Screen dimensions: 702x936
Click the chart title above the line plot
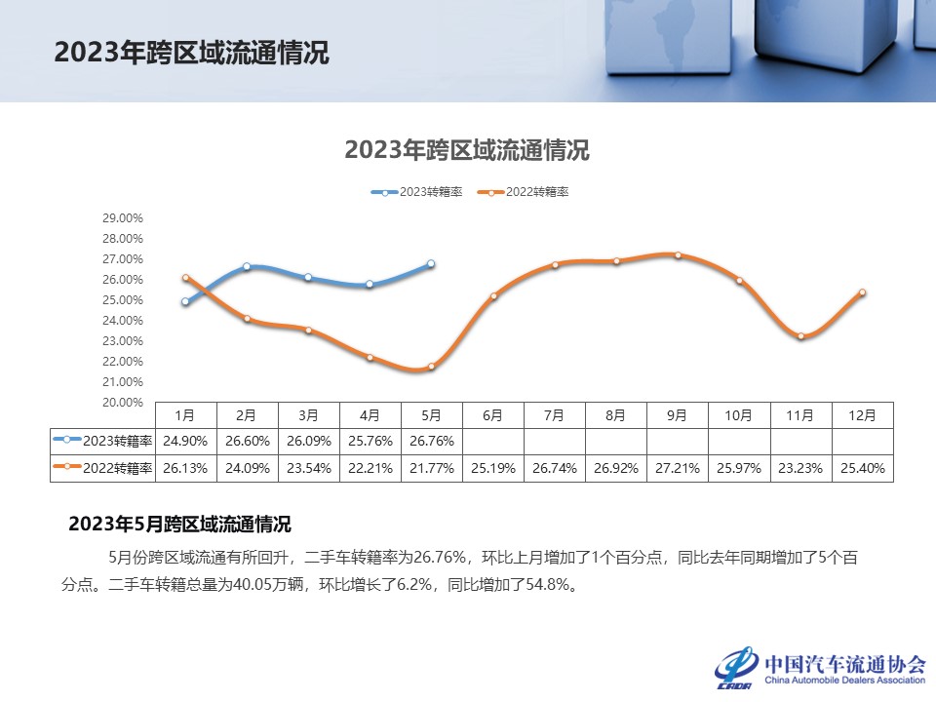click(467, 150)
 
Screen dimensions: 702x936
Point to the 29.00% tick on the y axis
click(123, 218)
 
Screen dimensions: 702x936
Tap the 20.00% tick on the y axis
click(123, 402)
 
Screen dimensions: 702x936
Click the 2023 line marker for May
click(431, 264)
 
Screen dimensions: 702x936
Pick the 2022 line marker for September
click(678, 255)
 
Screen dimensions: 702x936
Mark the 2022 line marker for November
click(800, 336)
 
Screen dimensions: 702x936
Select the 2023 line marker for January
click(185, 302)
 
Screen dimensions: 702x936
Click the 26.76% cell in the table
click(431, 440)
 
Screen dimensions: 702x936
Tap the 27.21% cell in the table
click(678, 468)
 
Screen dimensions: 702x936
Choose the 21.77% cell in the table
click(431, 468)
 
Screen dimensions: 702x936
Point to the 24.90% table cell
click(185, 440)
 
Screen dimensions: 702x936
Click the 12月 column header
click(862, 415)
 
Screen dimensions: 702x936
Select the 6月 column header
click(492, 415)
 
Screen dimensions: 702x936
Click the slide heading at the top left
click(192, 53)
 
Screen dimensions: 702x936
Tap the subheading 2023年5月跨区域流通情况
click(179, 525)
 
